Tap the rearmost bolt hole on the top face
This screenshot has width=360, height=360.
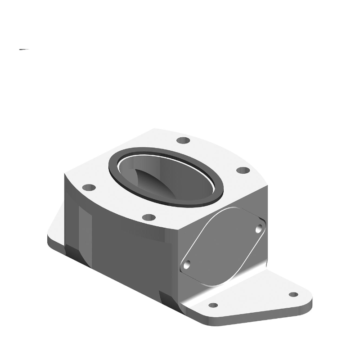(x=182, y=140)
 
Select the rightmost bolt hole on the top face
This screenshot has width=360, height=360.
(x=243, y=171)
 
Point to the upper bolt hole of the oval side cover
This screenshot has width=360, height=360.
(x=259, y=229)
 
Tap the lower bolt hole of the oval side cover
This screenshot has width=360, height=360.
(x=187, y=265)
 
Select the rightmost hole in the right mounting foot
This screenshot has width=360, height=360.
(x=293, y=295)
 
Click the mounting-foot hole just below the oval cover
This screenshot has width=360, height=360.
(x=213, y=305)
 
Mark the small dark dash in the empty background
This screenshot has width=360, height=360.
(x=24, y=49)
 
